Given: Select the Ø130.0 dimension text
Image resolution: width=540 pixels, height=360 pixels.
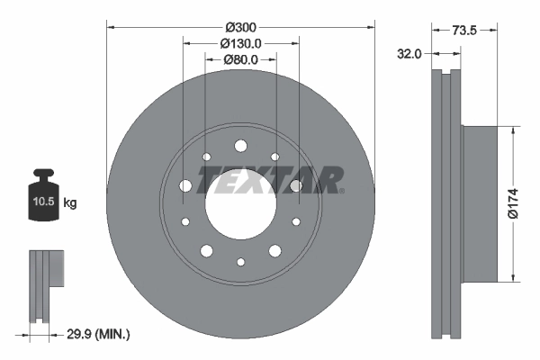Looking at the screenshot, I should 240,43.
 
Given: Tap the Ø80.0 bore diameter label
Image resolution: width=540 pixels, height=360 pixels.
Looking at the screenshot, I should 240,60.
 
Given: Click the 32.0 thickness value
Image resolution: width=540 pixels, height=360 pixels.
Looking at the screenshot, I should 409,54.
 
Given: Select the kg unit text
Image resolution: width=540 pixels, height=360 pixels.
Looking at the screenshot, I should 70,203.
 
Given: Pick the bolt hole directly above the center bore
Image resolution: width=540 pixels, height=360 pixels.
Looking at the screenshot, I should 240,147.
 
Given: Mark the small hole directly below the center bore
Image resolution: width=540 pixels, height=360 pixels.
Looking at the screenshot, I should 240,262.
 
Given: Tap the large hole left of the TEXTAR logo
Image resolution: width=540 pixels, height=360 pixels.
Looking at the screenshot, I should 186,186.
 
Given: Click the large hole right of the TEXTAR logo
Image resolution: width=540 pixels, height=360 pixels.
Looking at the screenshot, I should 295,186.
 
